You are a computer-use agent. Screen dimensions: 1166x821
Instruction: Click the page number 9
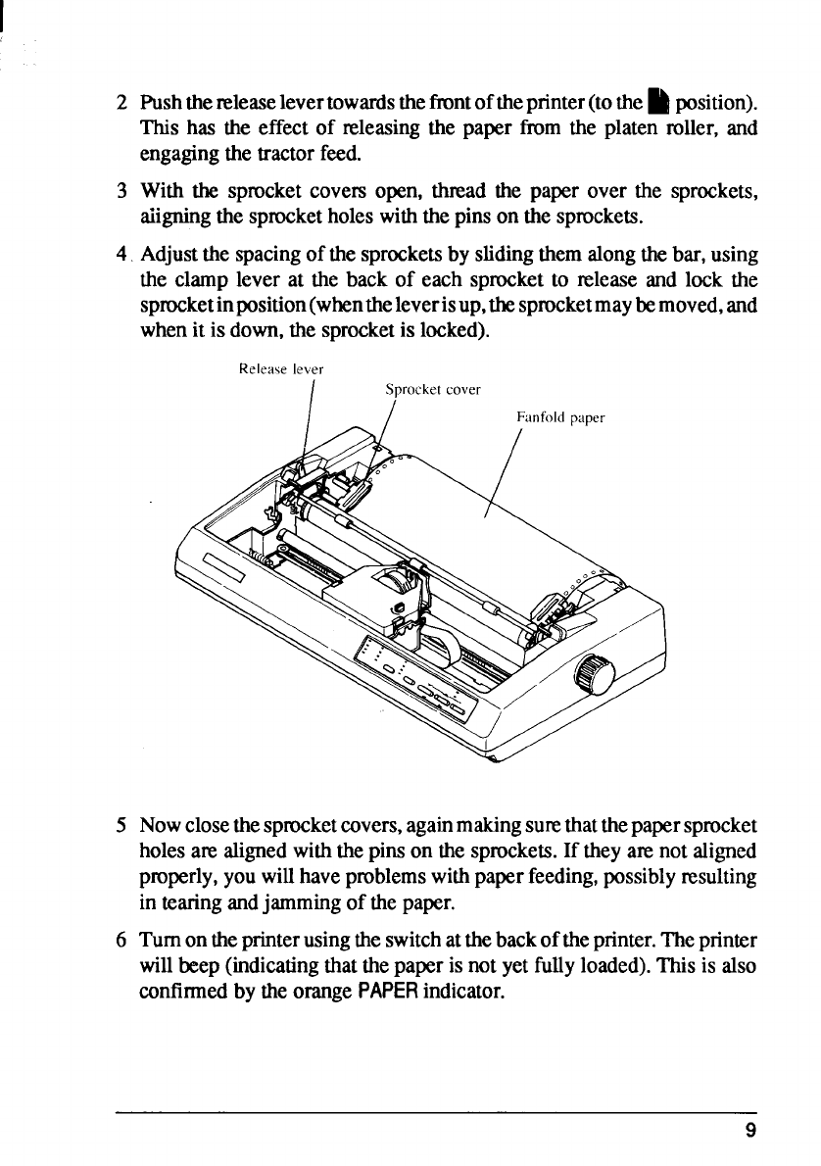[x=749, y=1130]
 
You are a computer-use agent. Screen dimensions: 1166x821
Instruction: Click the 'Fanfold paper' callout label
[x=559, y=416]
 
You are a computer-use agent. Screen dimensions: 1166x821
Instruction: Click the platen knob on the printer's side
[x=594, y=674]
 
